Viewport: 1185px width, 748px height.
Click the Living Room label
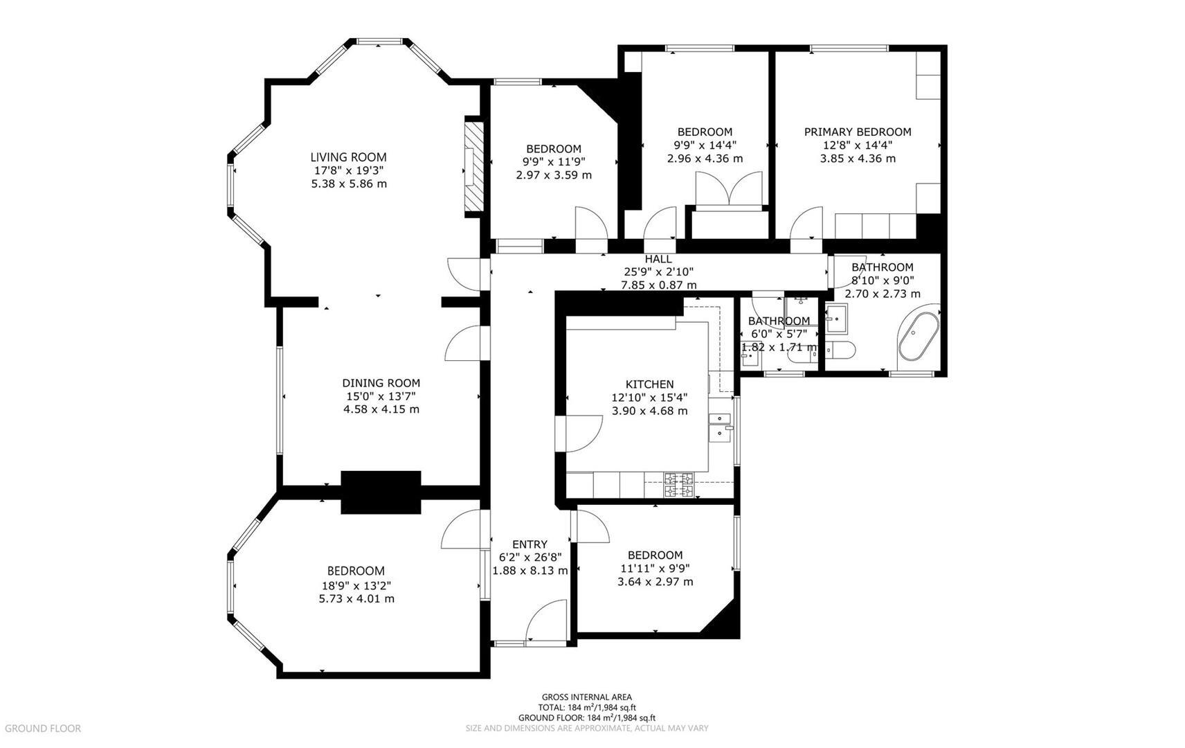click(x=348, y=157)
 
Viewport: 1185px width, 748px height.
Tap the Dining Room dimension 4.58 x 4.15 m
click(x=381, y=409)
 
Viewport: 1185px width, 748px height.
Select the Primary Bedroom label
click(x=857, y=132)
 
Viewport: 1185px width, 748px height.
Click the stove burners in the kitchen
click(x=679, y=485)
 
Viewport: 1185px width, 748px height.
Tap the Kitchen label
click(x=649, y=384)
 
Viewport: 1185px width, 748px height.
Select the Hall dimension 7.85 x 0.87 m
click(x=658, y=285)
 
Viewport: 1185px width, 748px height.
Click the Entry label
click(x=530, y=544)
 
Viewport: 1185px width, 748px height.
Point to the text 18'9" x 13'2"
click(x=356, y=585)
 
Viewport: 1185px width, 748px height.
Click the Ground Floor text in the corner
click(x=42, y=728)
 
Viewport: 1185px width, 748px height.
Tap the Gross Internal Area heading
click(x=586, y=697)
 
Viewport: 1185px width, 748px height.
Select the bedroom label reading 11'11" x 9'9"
click(x=655, y=569)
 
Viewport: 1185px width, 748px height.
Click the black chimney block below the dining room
click(x=381, y=492)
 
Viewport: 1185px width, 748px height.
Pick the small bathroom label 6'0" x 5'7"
click(x=779, y=334)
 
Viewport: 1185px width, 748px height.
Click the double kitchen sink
click(x=721, y=425)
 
